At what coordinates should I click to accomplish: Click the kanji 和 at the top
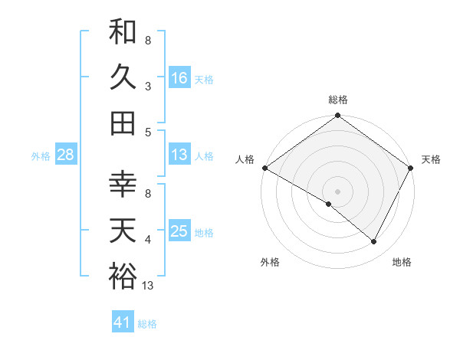tap(123, 32)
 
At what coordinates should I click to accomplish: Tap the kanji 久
tap(123, 77)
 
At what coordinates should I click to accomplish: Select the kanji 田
tap(123, 123)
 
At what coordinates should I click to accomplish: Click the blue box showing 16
tap(179, 78)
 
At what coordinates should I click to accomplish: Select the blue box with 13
tap(179, 155)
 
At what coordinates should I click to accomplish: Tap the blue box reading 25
tap(179, 231)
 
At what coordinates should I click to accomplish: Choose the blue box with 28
tap(65, 155)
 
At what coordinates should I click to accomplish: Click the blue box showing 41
tap(123, 323)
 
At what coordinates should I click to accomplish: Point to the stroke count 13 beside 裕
tap(148, 286)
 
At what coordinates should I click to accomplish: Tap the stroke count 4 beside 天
tap(147, 241)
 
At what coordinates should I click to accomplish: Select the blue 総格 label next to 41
tap(147, 324)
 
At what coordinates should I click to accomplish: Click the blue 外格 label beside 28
tap(41, 156)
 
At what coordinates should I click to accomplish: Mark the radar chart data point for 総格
tap(337, 116)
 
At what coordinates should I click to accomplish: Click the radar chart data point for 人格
tap(264, 168)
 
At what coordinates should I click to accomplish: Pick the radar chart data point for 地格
tap(374, 241)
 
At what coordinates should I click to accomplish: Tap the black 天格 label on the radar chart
tap(431, 159)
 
